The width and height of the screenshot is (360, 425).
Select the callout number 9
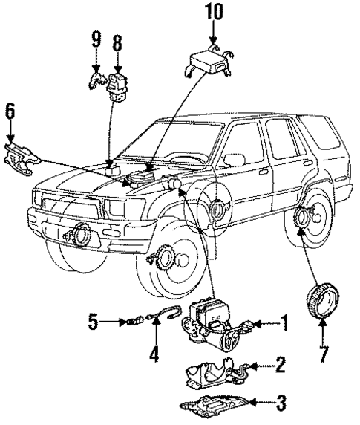96,41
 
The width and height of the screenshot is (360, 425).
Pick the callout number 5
93,322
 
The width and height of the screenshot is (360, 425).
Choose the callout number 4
154,354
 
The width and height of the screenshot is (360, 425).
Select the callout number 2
279,364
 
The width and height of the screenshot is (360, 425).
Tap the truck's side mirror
232,158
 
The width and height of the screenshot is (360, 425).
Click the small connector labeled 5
132,322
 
